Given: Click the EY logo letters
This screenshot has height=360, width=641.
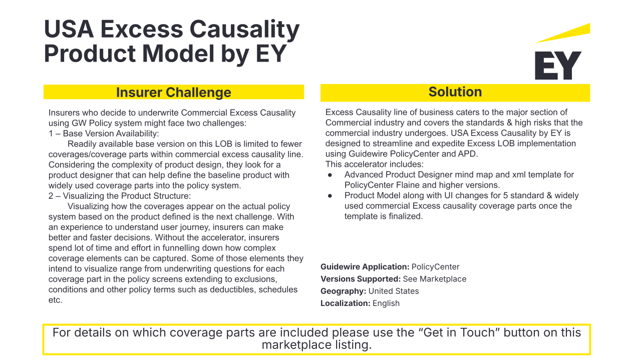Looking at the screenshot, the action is (558, 66).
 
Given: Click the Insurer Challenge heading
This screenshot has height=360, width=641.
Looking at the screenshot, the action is (173, 93).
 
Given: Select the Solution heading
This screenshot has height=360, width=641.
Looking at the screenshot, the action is (455, 92).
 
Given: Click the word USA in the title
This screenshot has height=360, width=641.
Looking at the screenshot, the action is (69, 29).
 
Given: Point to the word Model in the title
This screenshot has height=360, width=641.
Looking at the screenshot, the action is (178, 54).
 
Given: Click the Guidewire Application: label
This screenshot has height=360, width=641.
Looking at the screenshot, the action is (365, 267).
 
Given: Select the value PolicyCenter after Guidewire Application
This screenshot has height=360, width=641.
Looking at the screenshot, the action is (435, 267).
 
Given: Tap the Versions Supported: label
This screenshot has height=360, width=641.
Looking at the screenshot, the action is (361, 279).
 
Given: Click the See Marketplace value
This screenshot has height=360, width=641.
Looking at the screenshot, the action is (434, 279).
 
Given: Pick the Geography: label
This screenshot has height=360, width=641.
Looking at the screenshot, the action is (344, 291).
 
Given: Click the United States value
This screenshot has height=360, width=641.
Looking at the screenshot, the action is (394, 291).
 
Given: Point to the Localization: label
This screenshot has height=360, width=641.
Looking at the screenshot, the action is (346, 303).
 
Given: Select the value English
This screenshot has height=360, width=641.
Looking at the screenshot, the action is (386, 303).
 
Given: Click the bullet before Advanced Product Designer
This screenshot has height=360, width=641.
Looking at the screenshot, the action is (330, 175).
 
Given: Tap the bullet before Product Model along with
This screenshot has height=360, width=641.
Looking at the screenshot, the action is (330, 196).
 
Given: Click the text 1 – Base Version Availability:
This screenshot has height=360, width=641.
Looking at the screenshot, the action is (104, 134).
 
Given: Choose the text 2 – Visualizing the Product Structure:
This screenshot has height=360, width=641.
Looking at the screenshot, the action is (120, 196).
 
